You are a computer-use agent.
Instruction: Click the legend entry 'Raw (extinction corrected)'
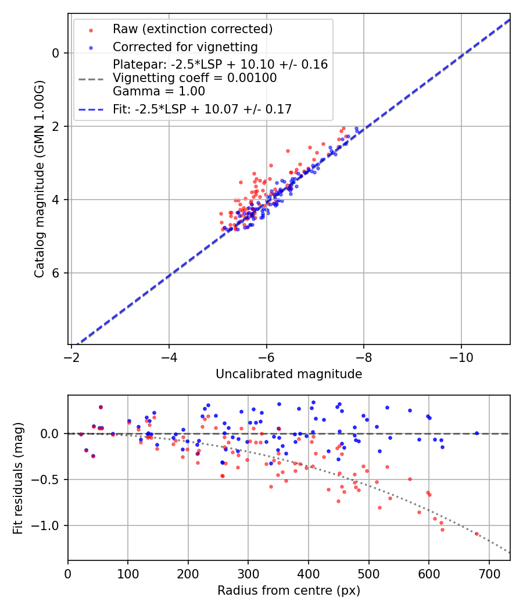click(192, 29)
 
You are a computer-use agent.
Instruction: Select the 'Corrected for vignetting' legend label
click(185, 47)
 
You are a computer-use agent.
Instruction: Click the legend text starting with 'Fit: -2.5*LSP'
click(202, 109)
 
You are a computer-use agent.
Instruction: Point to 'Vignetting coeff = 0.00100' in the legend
click(195, 78)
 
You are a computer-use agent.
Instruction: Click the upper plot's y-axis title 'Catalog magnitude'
click(39, 179)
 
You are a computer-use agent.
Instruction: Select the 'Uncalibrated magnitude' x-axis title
click(289, 374)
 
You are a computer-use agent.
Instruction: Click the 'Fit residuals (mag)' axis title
click(17, 478)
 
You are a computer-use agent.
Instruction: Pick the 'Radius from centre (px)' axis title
click(289, 591)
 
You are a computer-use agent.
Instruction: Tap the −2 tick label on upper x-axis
click(71, 354)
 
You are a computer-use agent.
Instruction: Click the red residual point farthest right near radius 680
click(477, 534)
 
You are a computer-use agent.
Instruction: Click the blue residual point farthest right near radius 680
click(477, 433)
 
